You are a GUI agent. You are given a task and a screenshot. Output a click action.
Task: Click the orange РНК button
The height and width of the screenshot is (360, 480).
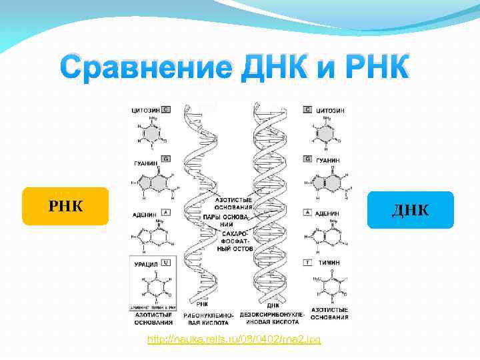pos(65,206)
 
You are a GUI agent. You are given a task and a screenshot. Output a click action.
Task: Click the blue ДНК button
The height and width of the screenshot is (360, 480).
pos(411,210)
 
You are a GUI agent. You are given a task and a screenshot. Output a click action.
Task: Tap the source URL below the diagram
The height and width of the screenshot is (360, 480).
pos(234,340)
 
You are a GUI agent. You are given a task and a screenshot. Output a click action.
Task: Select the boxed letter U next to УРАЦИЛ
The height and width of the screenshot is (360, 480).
pos(165,263)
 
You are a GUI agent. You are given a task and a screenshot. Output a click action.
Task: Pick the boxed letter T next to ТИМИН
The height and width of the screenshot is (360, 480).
pos(307,263)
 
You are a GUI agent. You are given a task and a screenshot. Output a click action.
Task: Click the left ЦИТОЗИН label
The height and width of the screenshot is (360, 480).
pos(145,109)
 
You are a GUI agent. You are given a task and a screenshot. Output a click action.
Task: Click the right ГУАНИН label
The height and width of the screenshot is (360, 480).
pos(329,159)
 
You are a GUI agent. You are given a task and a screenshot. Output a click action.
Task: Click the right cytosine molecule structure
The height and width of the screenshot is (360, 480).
pos(325,133)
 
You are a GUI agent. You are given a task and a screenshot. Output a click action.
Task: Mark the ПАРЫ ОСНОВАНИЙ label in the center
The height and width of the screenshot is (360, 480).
pos(233,221)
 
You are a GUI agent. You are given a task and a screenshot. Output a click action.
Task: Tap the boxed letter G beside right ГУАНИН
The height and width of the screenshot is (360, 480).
pos(307,159)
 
